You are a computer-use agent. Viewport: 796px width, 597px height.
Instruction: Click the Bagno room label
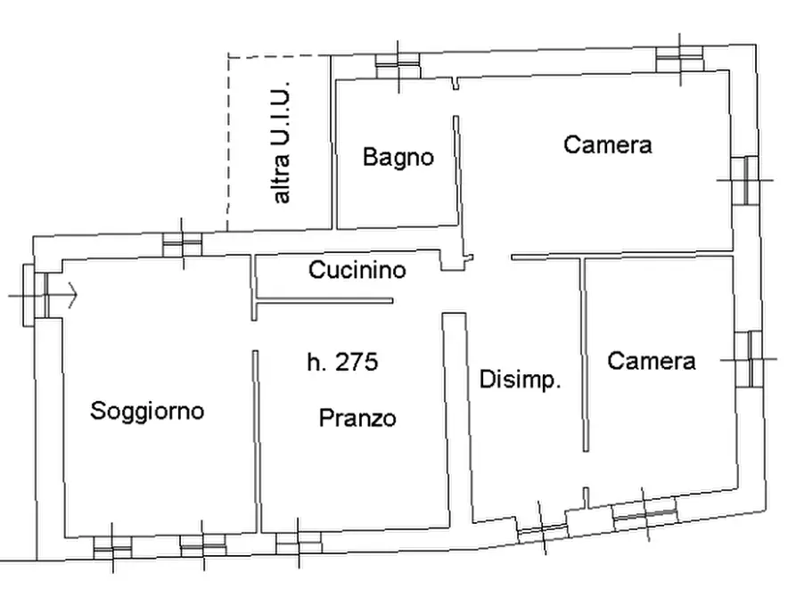click(x=398, y=158)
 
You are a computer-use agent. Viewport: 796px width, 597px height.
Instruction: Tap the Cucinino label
click(x=357, y=269)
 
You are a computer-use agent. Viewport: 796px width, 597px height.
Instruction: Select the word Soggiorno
click(x=147, y=411)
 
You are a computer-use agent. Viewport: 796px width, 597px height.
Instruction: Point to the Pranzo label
click(x=357, y=418)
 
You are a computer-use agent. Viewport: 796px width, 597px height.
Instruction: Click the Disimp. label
click(x=520, y=380)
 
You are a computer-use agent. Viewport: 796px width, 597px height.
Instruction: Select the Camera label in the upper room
click(x=607, y=144)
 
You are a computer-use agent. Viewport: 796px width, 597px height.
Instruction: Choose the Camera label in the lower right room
click(x=651, y=360)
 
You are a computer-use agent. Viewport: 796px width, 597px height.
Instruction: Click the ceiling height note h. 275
click(x=342, y=362)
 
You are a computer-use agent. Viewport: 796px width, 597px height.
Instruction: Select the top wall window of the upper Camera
click(x=680, y=56)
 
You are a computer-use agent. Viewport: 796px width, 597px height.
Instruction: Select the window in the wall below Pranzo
click(x=299, y=542)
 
